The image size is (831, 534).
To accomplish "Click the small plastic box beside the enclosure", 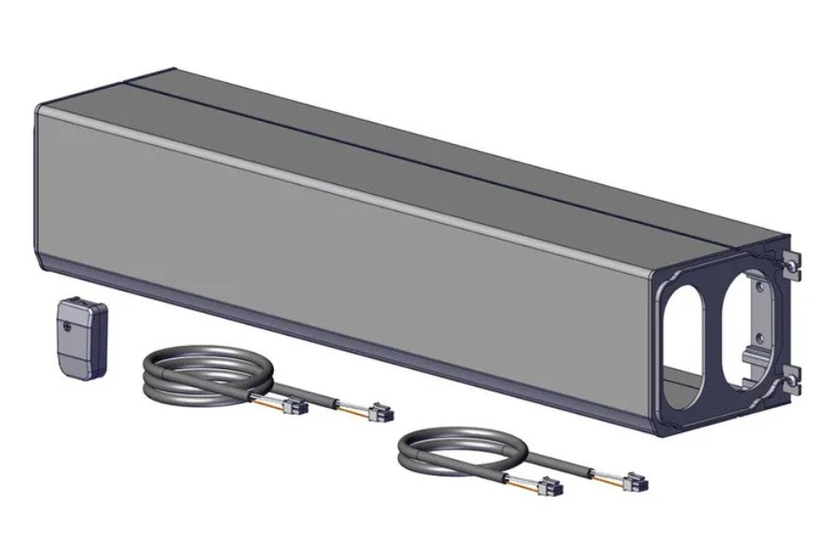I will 79,335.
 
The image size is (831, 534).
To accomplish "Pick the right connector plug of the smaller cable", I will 637,483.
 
